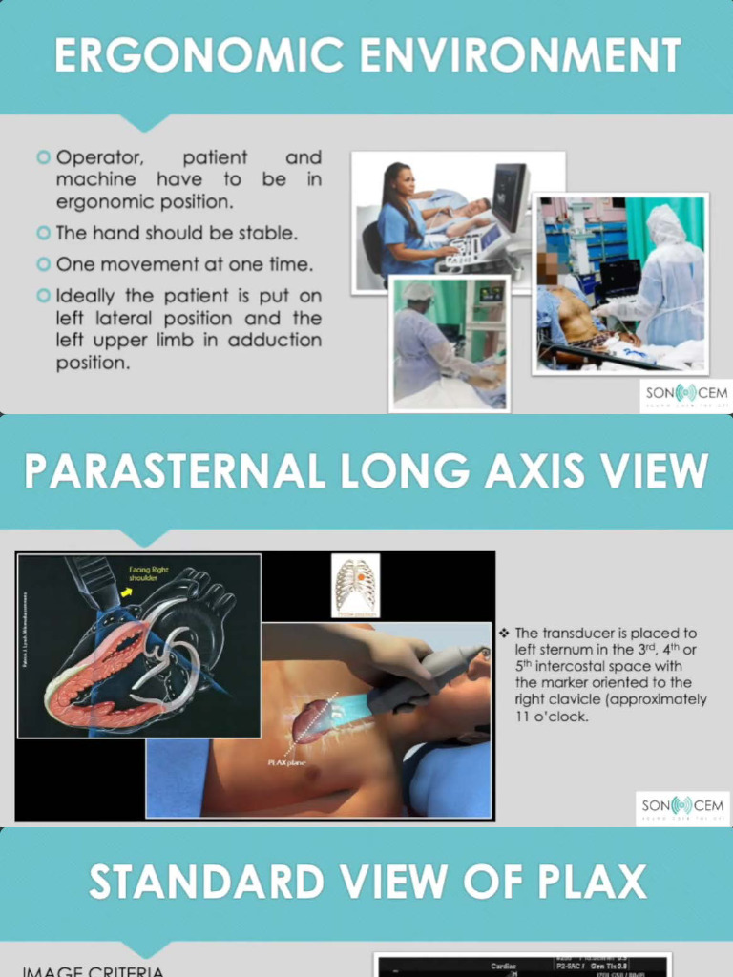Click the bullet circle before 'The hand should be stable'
pos(43,233)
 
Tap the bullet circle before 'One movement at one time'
pos(43,264)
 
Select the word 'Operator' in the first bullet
pos(96,157)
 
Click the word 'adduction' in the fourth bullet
pos(278,341)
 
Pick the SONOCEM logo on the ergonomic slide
pos(684,394)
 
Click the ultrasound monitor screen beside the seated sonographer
pos(509,196)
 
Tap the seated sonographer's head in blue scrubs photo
pos(401,180)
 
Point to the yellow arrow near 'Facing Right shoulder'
pos(126,592)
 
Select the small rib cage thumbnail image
pos(355,585)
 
